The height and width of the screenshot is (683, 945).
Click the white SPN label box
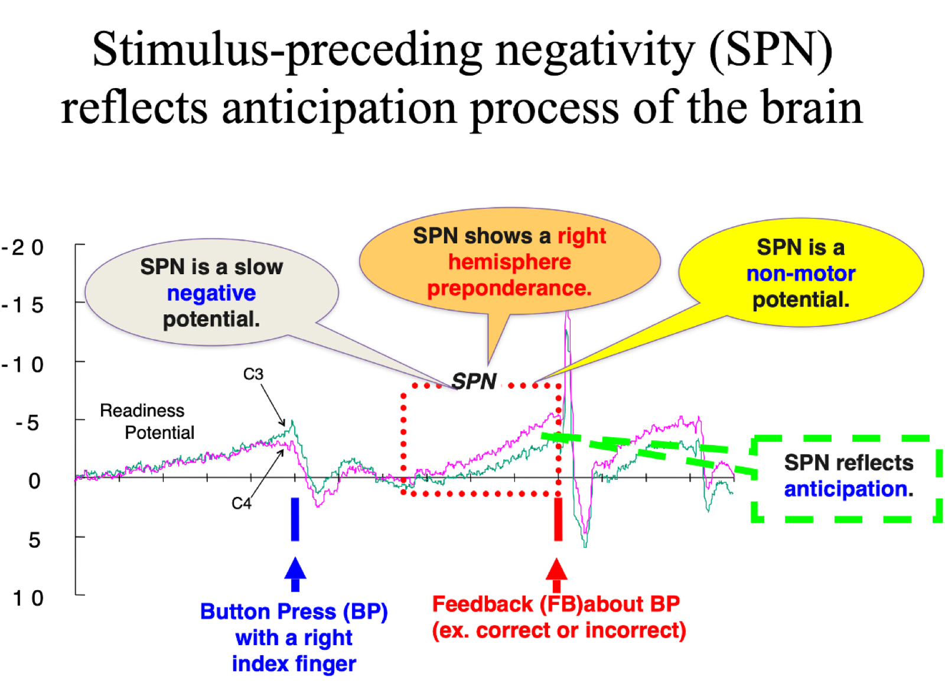(472, 381)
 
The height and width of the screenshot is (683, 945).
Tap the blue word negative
(211, 293)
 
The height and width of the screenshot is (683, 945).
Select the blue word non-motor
(801, 274)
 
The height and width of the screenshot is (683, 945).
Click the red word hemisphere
(509, 262)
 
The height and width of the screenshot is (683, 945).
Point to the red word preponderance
(509, 288)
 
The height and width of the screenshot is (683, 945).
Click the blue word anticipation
(846, 489)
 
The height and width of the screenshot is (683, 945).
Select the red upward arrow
(556, 574)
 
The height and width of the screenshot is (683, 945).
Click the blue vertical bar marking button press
(295, 519)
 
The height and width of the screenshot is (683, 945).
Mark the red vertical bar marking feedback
(558, 519)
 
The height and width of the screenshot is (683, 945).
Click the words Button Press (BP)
(294, 612)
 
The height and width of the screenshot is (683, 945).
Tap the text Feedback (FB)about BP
(556, 604)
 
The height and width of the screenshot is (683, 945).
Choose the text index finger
(294, 664)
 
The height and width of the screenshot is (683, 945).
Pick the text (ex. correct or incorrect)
(559, 630)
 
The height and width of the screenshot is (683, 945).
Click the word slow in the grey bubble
(259, 267)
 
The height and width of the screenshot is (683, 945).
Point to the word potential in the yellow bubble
(801, 300)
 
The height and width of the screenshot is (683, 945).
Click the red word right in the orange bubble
(582, 236)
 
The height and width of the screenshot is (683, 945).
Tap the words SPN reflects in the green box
(849, 463)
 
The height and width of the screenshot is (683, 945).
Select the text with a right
(294, 638)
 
